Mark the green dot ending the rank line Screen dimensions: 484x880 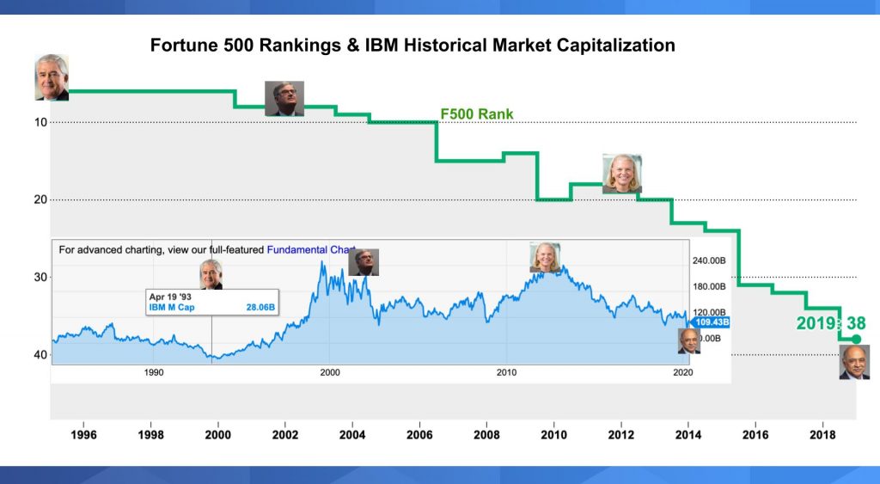(x=856, y=340)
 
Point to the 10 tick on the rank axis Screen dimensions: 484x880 (x=40, y=122)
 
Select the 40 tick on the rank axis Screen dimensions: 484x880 (x=40, y=354)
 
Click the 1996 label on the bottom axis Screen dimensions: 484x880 (x=83, y=435)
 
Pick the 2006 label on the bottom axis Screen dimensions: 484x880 (x=419, y=435)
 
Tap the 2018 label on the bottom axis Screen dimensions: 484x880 (x=822, y=435)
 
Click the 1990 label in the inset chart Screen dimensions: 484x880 (x=154, y=372)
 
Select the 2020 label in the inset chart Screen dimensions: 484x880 (x=681, y=372)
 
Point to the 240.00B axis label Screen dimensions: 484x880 (x=711, y=261)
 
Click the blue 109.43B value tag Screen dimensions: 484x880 (x=711, y=322)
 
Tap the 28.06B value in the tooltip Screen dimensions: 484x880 (x=260, y=307)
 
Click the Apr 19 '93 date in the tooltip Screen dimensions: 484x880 (x=168, y=296)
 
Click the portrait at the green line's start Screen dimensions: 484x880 (x=51, y=78)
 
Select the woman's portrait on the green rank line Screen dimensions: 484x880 (x=621, y=174)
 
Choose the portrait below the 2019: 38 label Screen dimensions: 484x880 (x=854, y=362)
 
